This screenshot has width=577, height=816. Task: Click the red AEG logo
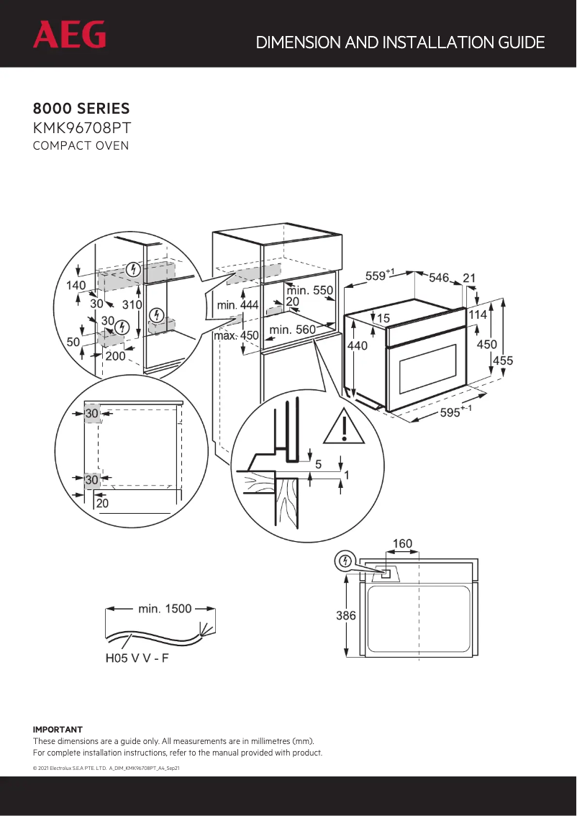click(69, 35)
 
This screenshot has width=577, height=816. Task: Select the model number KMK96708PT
click(81, 128)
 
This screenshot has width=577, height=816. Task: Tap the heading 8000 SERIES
click(81, 109)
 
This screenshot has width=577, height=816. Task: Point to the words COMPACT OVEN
click(81, 146)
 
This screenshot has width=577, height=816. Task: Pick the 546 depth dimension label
click(439, 278)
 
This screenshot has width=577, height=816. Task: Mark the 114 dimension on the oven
click(478, 314)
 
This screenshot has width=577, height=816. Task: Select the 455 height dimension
click(503, 361)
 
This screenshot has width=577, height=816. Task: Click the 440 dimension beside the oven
click(358, 346)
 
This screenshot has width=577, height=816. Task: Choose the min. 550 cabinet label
click(309, 291)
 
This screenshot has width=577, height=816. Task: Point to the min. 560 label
click(292, 330)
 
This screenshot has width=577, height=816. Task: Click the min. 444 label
click(237, 305)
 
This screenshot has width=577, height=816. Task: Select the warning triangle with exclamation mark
click(345, 428)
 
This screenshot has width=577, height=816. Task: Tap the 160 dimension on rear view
click(402, 543)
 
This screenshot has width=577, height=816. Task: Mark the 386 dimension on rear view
click(347, 616)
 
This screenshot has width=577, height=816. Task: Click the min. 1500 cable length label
click(165, 609)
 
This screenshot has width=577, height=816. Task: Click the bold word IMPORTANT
click(58, 730)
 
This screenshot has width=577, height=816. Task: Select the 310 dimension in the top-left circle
click(132, 304)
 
